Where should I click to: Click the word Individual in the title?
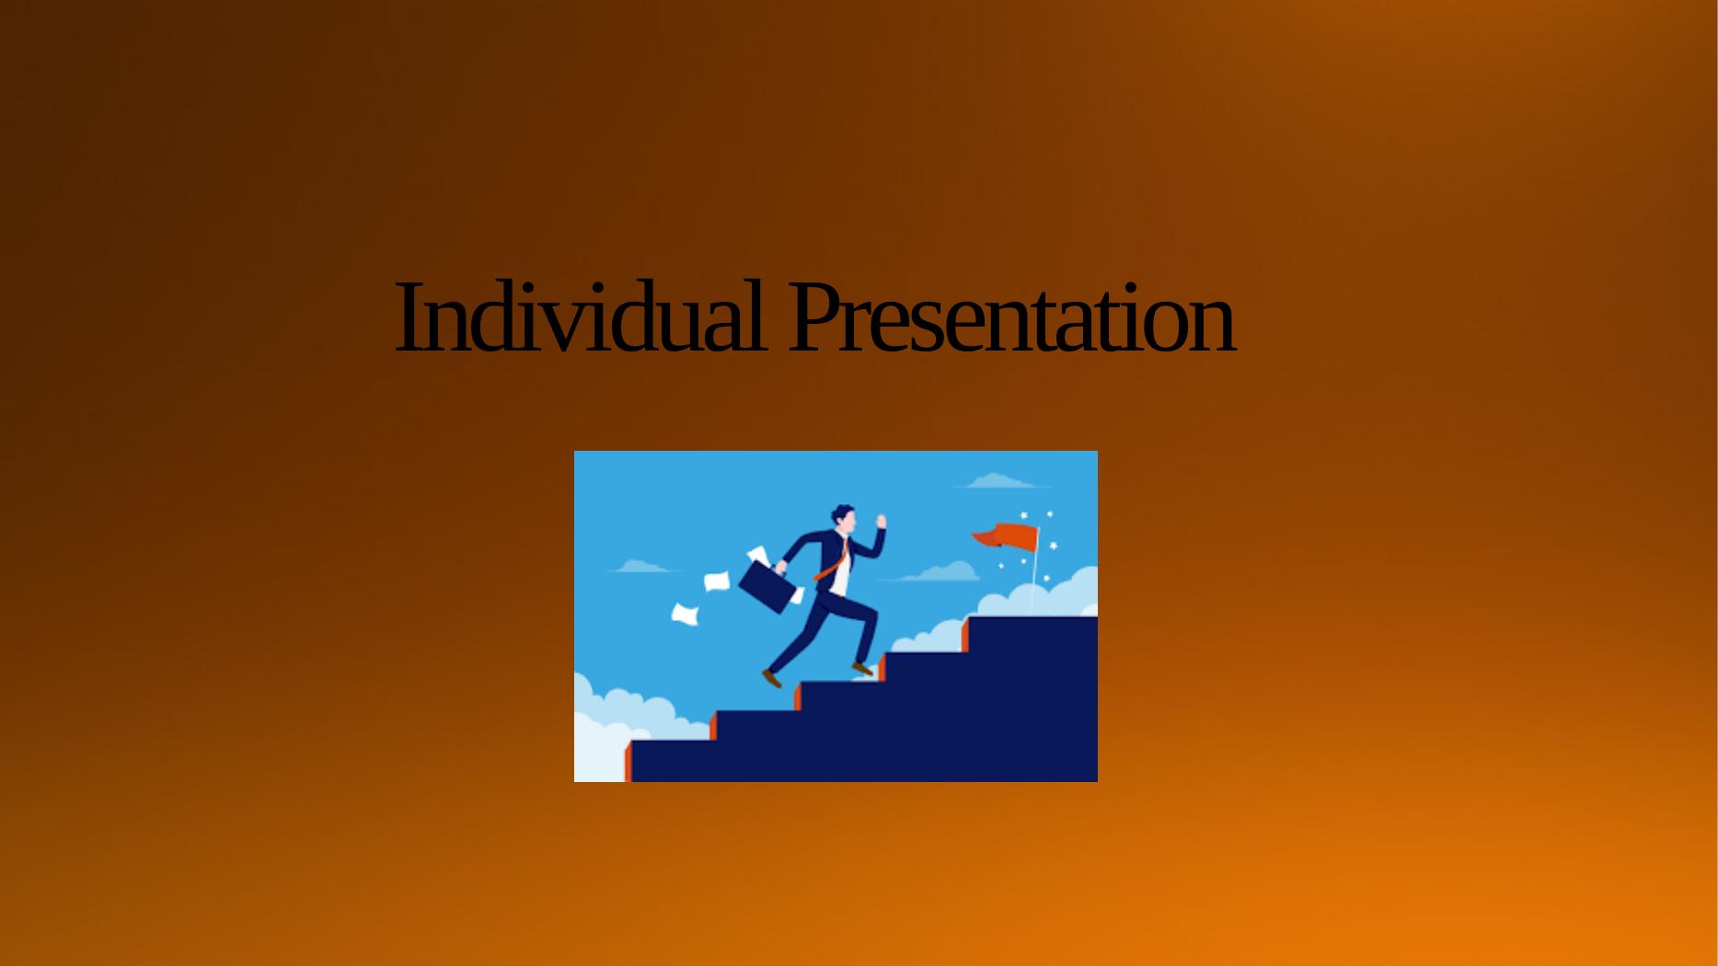pyautogui.click(x=580, y=317)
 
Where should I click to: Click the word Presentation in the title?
pyautogui.click(x=1011, y=317)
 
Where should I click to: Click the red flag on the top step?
pyautogui.click(x=1005, y=536)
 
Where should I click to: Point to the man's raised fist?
pyautogui.click(x=881, y=522)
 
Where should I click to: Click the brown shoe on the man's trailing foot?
pyautogui.click(x=772, y=679)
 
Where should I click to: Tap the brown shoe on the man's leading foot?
pyautogui.click(x=862, y=669)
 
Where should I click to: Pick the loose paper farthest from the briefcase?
pyautogui.click(x=685, y=615)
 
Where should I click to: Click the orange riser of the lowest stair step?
pyautogui.click(x=628, y=761)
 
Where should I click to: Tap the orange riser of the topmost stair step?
pyautogui.click(x=965, y=634)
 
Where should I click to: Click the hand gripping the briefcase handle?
pyautogui.click(x=781, y=567)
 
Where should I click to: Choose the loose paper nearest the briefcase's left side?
pyautogui.click(x=717, y=581)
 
